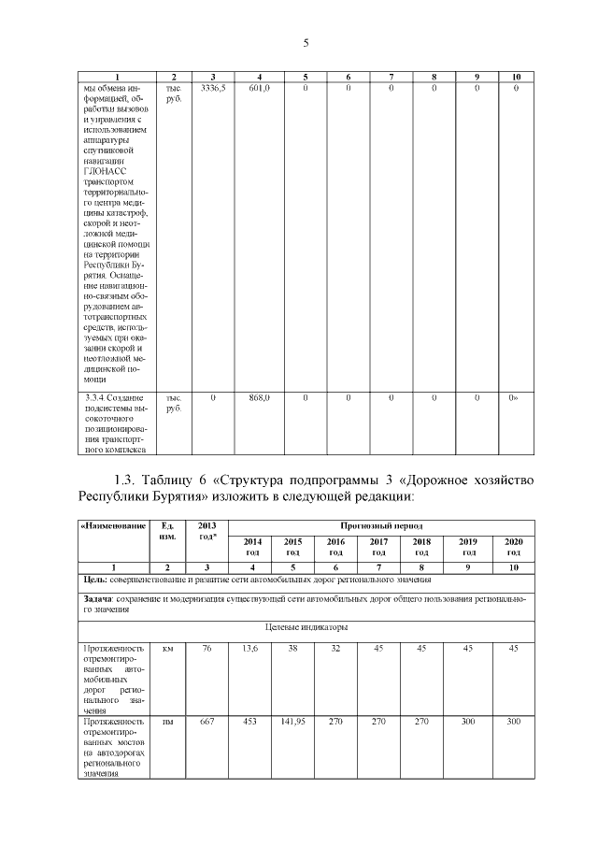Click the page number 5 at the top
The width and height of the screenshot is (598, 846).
tap(306, 42)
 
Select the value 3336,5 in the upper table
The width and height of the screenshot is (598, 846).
tap(213, 88)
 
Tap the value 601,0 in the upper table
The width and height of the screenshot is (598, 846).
tap(259, 88)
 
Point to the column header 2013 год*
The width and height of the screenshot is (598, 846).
tap(207, 530)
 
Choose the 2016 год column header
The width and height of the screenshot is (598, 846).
tap(335, 547)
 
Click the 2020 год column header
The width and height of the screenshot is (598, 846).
tap(513, 547)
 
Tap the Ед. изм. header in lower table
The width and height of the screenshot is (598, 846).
tap(168, 530)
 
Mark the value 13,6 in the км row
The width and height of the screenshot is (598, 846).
tap(249, 648)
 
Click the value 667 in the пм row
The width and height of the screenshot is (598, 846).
tap(207, 722)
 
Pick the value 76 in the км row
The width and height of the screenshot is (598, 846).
tap(207, 648)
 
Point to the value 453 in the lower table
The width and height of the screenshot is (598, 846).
tap(249, 722)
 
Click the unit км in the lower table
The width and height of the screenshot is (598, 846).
tap(168, 648)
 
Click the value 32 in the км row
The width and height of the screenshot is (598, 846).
tap(335, 648)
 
